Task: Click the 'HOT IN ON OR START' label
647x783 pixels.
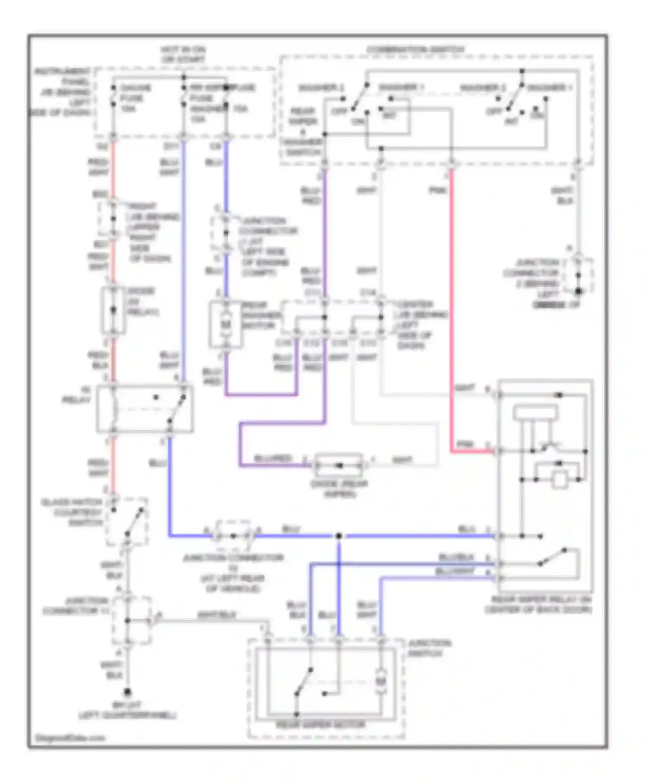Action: click(x=183, y=55)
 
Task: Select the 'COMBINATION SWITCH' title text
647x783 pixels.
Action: click(x=415, y=50)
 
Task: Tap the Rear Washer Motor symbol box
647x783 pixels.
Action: click(x=226, y=324)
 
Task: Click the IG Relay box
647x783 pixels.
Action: click(x=144, y=408)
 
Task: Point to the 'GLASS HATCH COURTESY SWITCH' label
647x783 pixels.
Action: click(x=72, y=512)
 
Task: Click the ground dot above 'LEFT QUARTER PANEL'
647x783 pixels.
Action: click(x=127, y=693)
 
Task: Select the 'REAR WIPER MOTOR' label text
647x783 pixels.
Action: click(x=320, y=724)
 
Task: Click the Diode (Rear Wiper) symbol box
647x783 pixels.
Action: click(x=339, y=465)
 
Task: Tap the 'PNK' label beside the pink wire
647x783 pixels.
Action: click(x=437, y=190)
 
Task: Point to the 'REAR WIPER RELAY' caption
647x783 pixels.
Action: click(x=538, y=604)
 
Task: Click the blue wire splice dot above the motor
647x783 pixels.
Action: click(x=339, y=536)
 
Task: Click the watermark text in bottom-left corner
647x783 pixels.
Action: click(x=70, y=738)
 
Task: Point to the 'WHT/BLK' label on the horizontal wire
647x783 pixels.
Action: click(x=217, y=615)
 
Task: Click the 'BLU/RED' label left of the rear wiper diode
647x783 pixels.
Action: click(x=273, y=458)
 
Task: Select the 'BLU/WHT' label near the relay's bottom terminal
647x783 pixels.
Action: click(x=455, y=571)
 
